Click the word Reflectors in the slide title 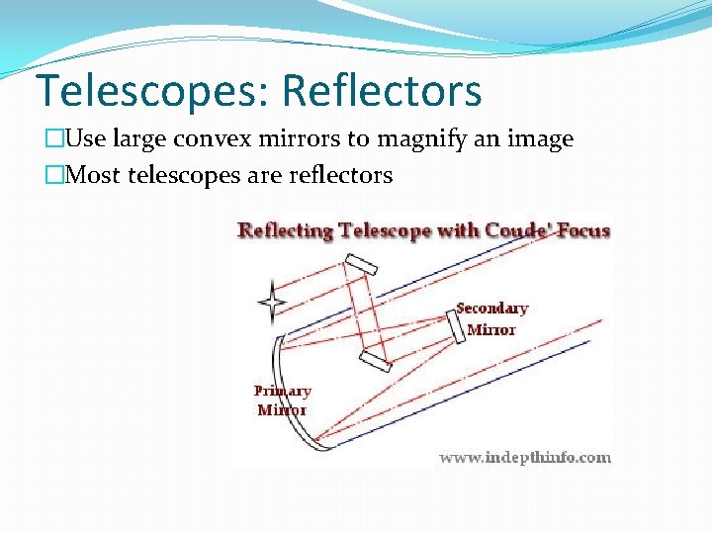382,91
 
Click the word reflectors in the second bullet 341,176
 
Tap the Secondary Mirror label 491,318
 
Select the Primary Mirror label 282,400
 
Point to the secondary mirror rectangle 457,325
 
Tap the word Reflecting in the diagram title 286,231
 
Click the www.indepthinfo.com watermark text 524,457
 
